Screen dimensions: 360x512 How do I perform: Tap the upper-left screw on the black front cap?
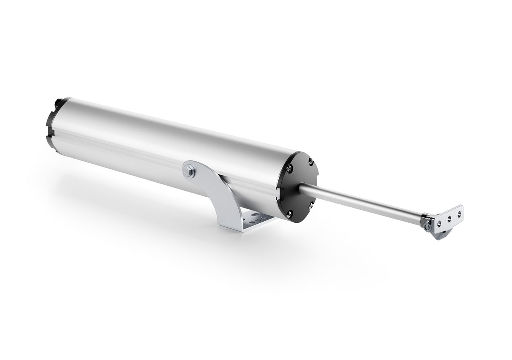click(x=289, y=168)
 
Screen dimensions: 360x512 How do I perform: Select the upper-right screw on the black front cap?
click(x=310, y=161)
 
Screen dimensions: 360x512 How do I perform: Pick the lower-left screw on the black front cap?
click(x=289, y=214)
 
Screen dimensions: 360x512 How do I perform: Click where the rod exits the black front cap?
click(x=302, y=189)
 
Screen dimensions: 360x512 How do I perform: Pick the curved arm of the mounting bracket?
click(x=215, y=190)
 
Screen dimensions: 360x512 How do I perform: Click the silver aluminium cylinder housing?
click(x=169, y=135)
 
